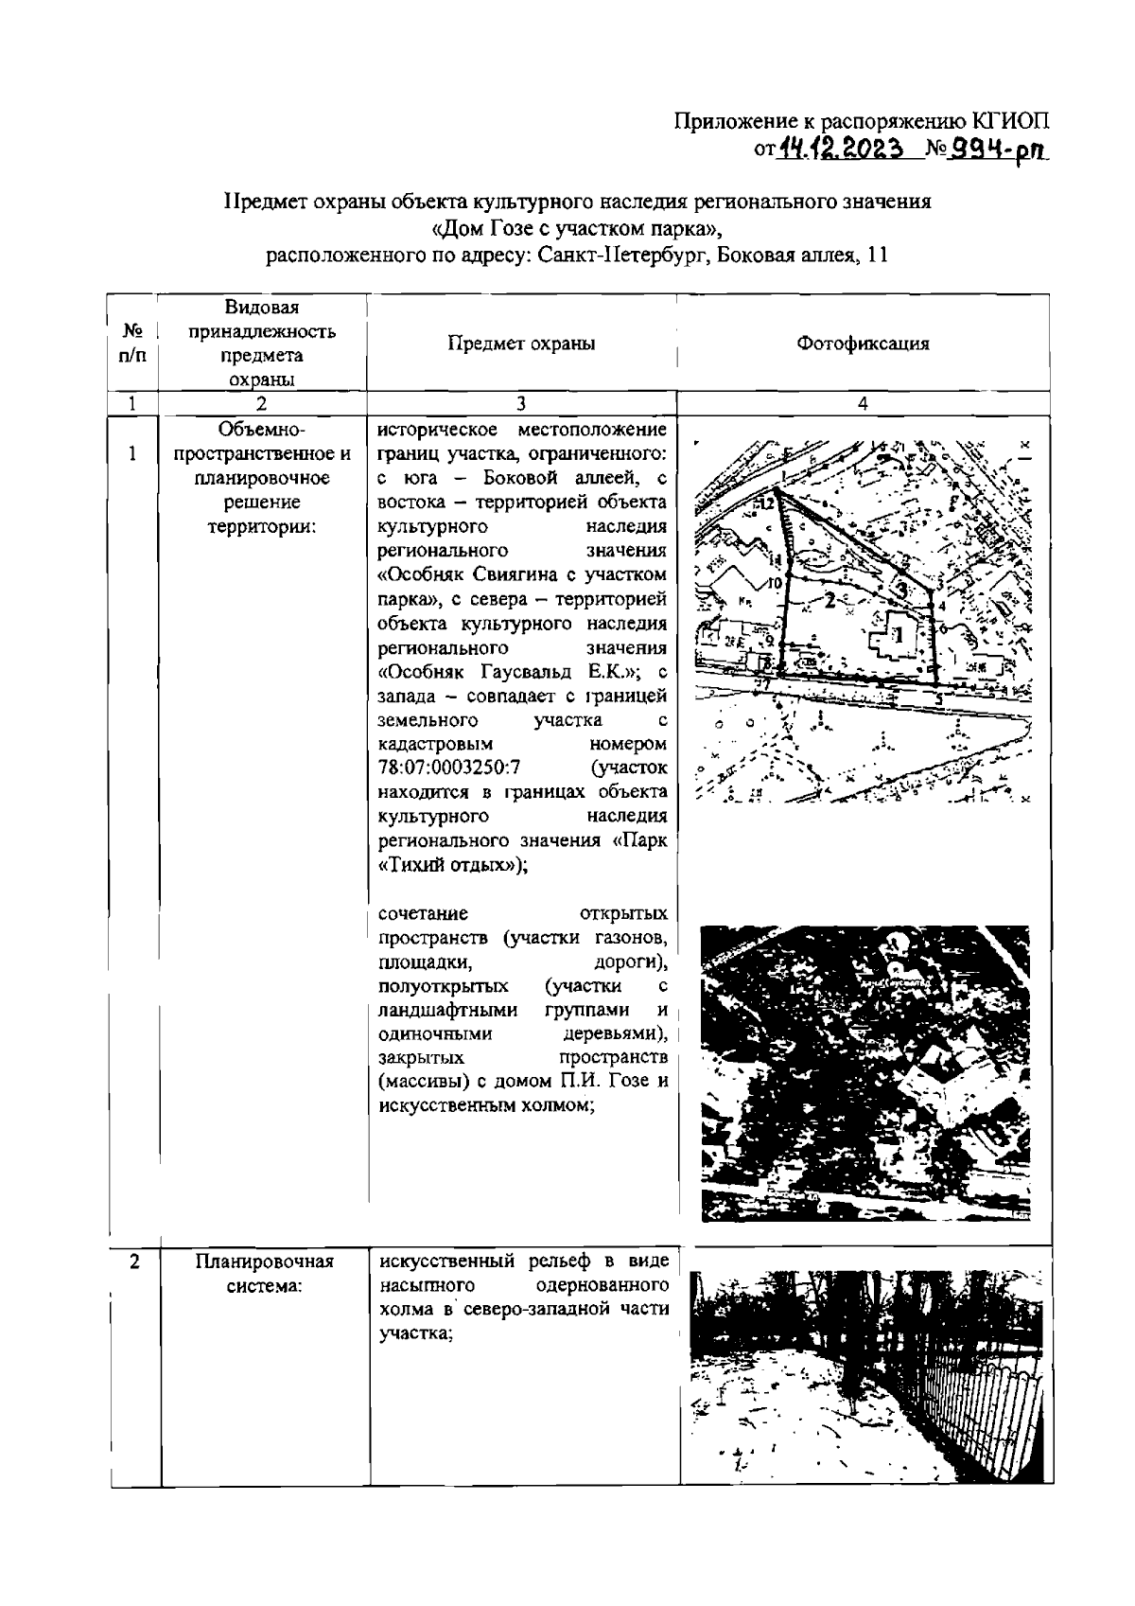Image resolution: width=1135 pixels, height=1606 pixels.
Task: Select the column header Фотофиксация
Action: point(863,344)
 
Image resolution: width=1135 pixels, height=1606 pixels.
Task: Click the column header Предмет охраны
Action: point(521,344)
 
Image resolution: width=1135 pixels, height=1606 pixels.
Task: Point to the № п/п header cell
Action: point(132,344)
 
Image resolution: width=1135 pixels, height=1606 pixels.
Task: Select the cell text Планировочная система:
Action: point(264,1274)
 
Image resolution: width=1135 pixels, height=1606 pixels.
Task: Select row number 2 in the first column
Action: point(134,1262)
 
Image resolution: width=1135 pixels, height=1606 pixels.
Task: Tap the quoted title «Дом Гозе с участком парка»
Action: point(577,228)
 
